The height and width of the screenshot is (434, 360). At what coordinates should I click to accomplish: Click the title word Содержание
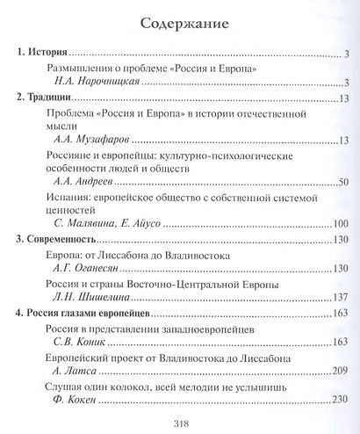point(180,19)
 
